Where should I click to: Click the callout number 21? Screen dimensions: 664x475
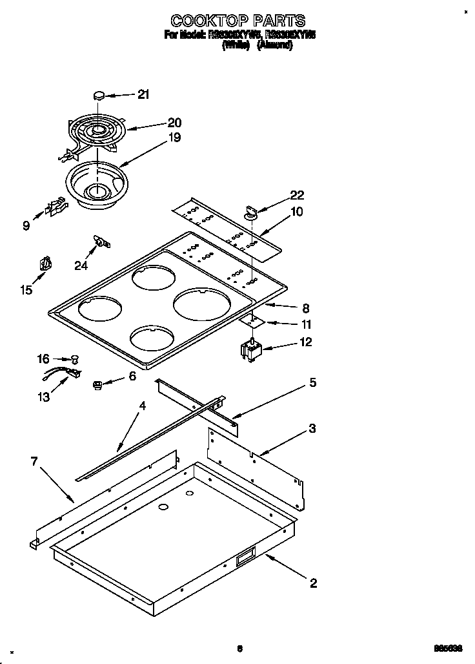pyautogui.click(x=143, y=94)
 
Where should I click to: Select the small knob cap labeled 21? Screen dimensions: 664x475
pyautogui.click(x=99, y=95)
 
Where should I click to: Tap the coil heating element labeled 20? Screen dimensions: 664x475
pyautogui.click(x=96, y=132)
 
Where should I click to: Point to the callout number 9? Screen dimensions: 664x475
pyautogui.click(x=26, y=226)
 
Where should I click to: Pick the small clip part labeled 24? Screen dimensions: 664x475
pyautogui.click(x=100, y=242)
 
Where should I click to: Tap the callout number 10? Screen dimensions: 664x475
pyautogui.click(x=297, y=211)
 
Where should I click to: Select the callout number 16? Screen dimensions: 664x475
pyautogui.click(x=43, y=358)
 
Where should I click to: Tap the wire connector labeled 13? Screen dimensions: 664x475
pyautogui.click(x=68, y=373)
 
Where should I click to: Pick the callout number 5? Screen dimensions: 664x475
pyautogui.click(x=312, y=382)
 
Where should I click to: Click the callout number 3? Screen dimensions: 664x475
pyautogui.click(x=312, y=428)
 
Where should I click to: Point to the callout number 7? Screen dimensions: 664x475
pyautogui.click(x=34, y=461)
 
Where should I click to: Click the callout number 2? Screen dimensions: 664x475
pyautogui.click(x=313, y=583)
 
